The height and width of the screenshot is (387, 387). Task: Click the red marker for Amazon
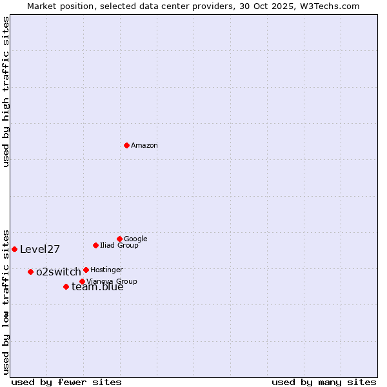[126, 145]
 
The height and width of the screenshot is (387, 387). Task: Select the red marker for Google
[119, 239]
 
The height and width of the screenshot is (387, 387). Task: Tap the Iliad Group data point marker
[95, 245]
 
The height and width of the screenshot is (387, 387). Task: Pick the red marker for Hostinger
[86, 270]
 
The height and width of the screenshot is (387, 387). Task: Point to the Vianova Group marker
[82, 281]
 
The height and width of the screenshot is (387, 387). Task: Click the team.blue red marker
[66, 286]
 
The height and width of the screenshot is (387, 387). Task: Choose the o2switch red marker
[30, 272]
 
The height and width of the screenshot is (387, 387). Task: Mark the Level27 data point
[14, 249]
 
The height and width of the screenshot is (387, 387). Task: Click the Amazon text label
[144, 146]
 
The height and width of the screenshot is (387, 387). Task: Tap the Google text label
[135, 239]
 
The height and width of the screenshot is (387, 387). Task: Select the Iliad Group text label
[119, 246]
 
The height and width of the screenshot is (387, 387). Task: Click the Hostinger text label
[106, 270]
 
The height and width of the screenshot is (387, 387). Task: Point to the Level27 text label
[40, 250]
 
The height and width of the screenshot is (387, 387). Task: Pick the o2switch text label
[59, 272]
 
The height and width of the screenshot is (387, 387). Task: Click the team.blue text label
[97, 288]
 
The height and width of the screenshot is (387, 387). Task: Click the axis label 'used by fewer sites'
[66, 382]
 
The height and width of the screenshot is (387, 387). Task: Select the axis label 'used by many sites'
[324, 382]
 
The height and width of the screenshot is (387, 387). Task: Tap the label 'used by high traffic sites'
[6, 92]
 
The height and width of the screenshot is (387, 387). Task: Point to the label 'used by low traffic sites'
[6, 301]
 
